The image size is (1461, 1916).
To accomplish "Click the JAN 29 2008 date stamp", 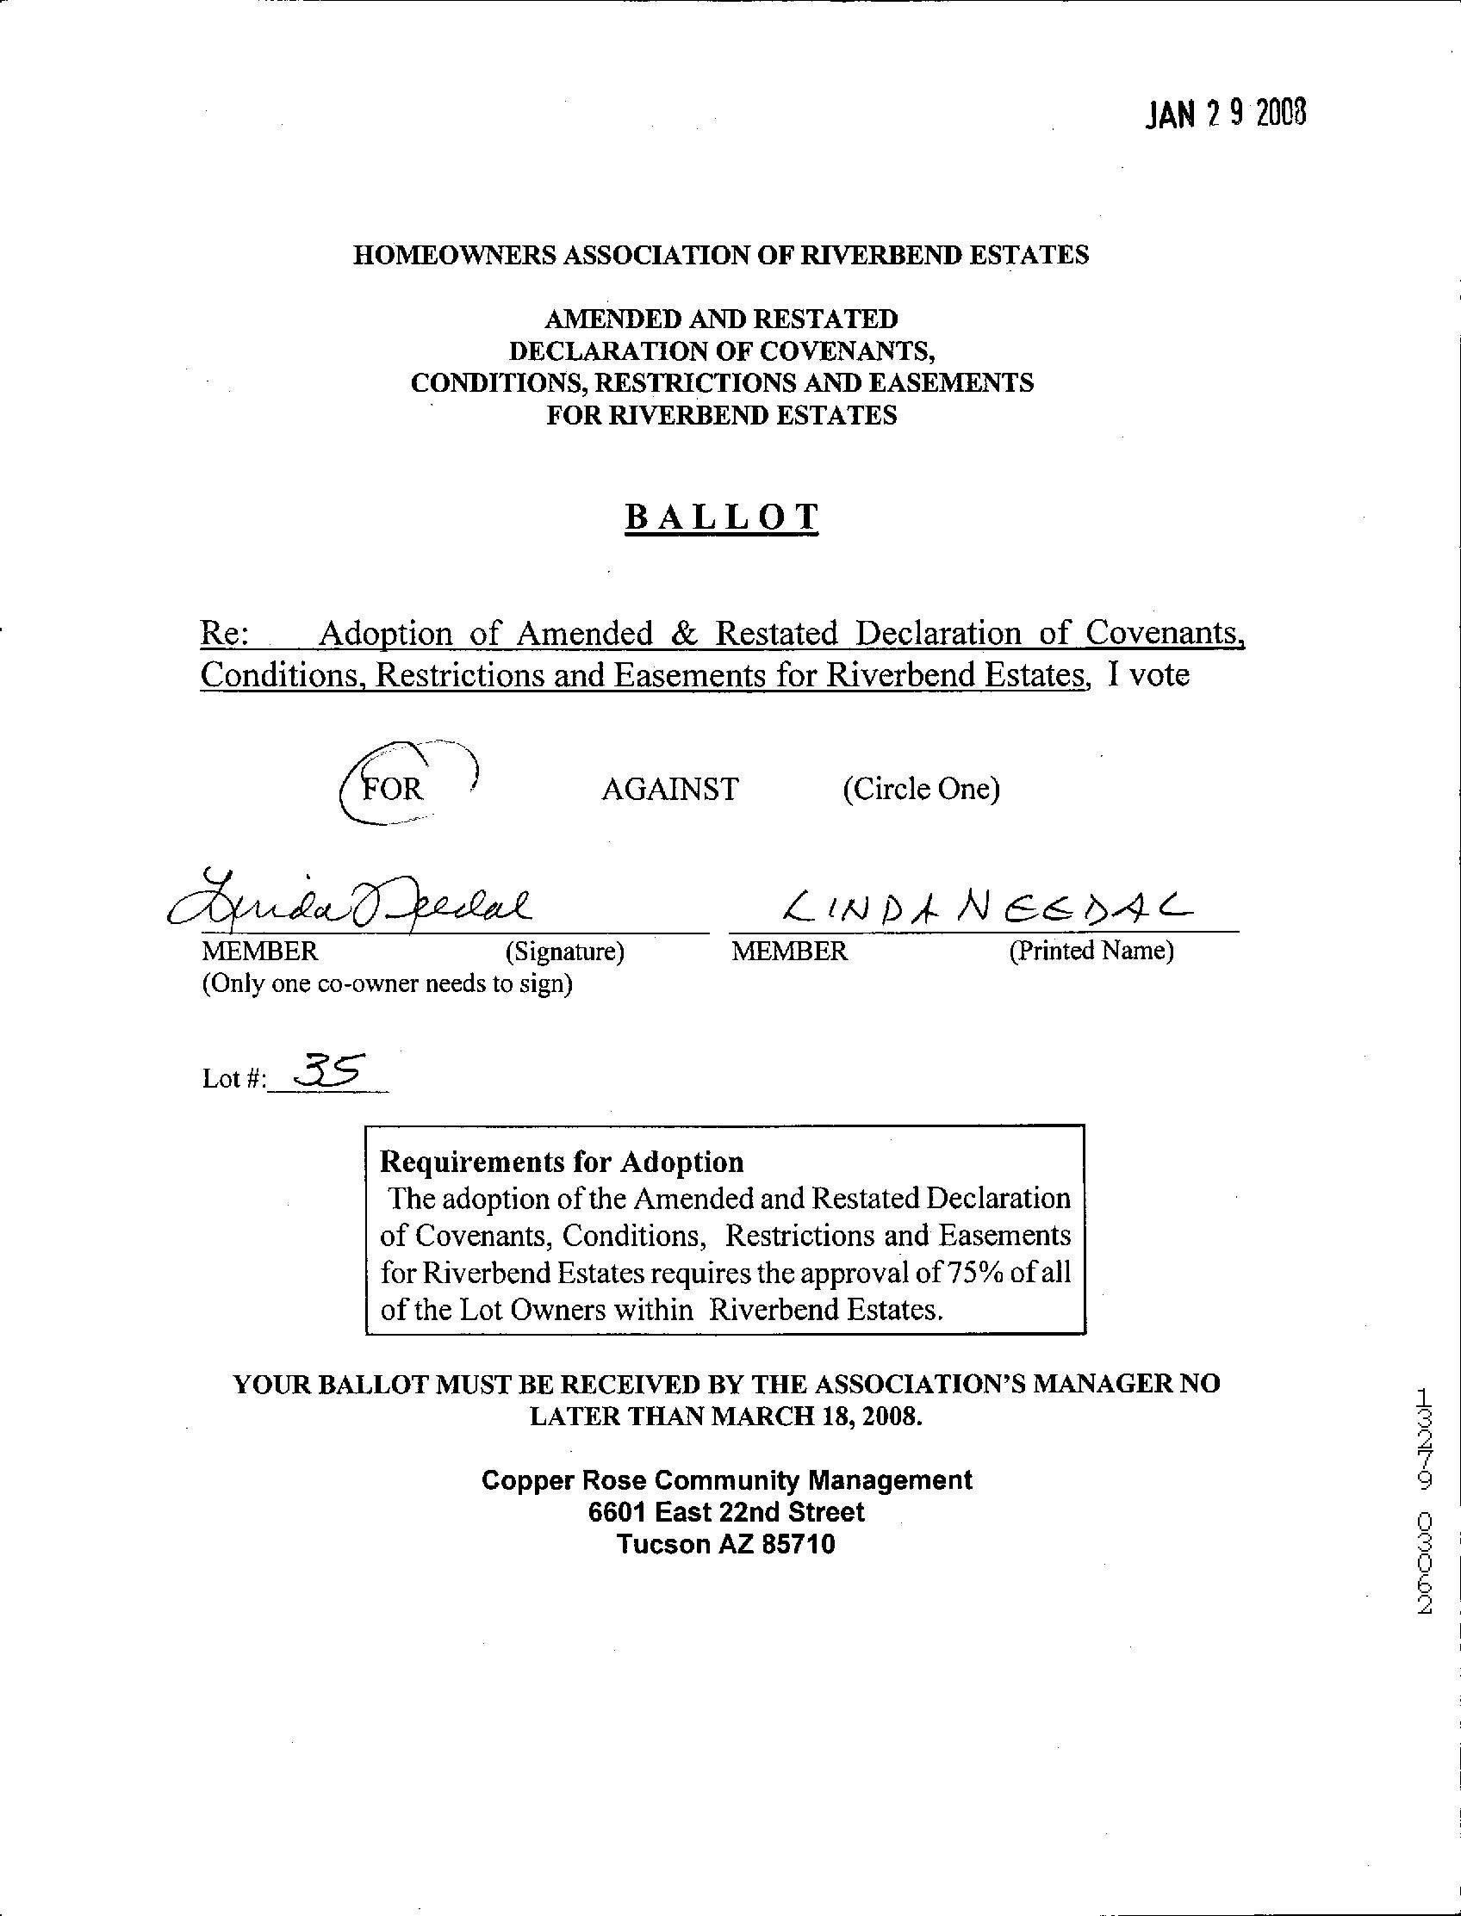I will click(x=1224, y=114).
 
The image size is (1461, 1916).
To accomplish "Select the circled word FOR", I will click(x=392, y=789).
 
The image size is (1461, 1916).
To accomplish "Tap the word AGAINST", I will click(x=669, y=790).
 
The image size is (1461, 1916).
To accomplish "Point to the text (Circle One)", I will click(x=921, y=790).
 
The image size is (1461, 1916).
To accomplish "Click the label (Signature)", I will click(x=564, y=952).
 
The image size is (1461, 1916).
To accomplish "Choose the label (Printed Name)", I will click(x=1091, y=951).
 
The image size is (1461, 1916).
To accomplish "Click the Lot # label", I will click(x=233, y=1079).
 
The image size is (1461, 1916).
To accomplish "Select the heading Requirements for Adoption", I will click(x=562, y=1162).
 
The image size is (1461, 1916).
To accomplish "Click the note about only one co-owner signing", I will click(x=387, y=984).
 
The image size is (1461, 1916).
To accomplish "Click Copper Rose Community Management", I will click(x=726, y=1479).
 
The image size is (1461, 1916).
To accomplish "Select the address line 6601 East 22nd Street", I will click(x=726, y=1512).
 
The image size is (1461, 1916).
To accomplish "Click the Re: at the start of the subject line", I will click(x=225, y=633).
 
